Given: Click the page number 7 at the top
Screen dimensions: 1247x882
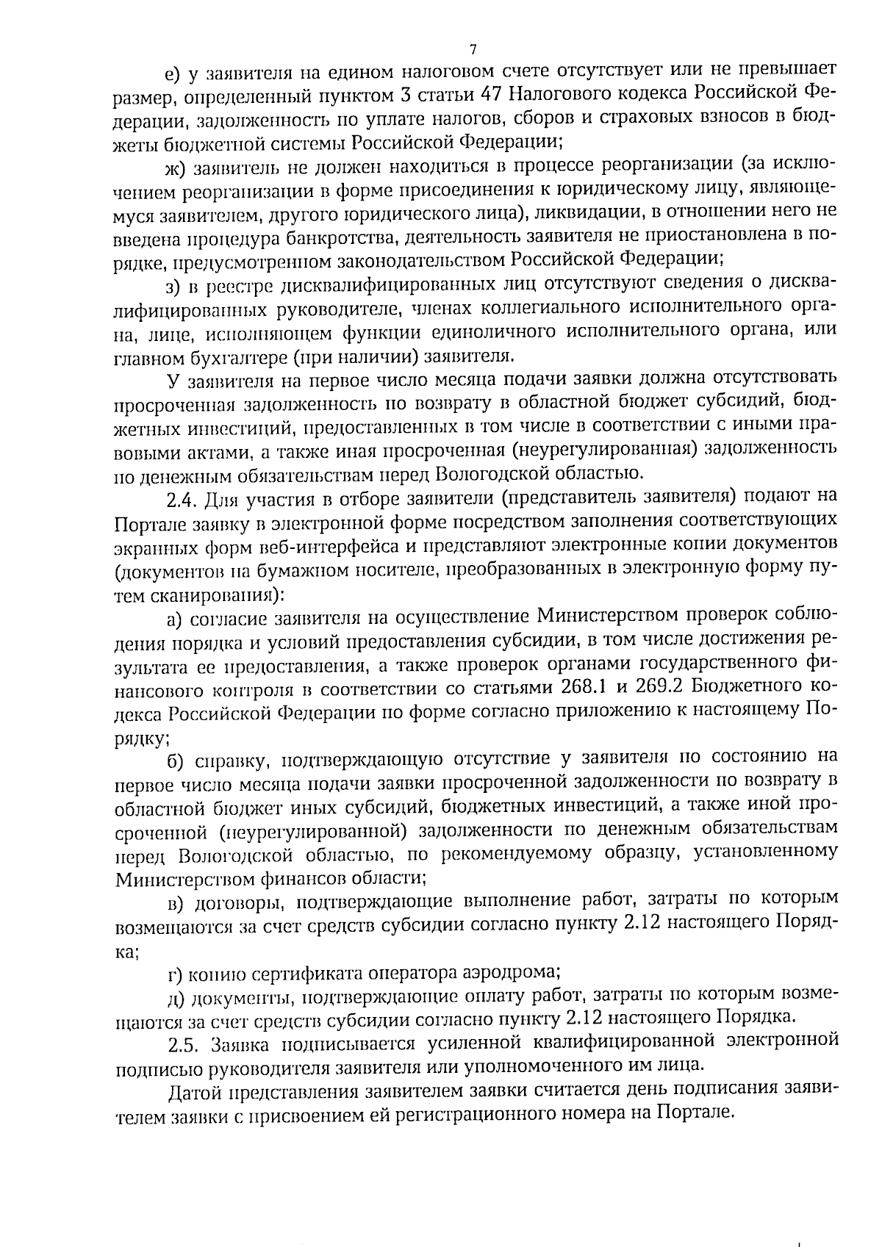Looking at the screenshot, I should point(473,49).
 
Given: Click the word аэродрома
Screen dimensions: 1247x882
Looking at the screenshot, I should point(512,973).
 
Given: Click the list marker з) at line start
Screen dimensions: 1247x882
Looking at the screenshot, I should point(173,285).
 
